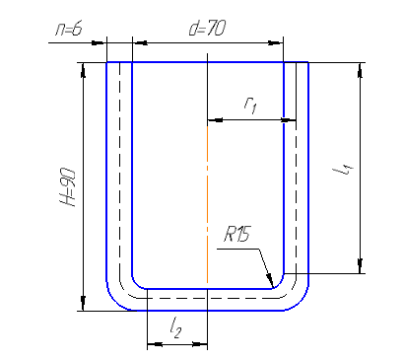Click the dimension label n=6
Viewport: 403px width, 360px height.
point(68,30)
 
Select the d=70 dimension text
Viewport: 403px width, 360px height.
point(207,28)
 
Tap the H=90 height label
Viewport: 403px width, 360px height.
point(69,187)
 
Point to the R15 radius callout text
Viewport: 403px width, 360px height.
point(236,235)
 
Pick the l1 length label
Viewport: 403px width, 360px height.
point(343,170)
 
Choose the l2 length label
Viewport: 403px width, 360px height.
point(175,328)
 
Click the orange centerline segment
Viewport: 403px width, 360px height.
point(207,204)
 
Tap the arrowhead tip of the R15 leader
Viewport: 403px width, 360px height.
point(273,288)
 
